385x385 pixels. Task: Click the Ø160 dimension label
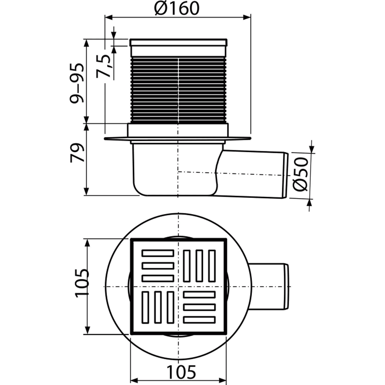click(177, 8)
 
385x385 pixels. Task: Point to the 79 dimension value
click(77, 153)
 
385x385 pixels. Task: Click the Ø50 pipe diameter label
click(301, 174)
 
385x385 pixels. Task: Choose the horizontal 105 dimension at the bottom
click(181, 372)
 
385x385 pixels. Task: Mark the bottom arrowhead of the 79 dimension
click(86, 191)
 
